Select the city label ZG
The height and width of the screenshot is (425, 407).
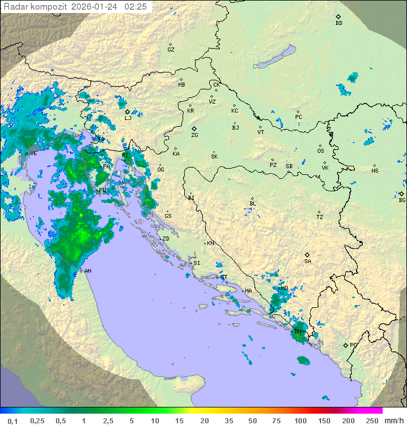[194, 136]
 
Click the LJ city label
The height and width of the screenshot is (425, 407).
[128, 118]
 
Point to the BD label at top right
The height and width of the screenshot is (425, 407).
[339, 23]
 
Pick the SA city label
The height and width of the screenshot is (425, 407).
[308, 261]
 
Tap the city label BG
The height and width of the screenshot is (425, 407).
[402, 200]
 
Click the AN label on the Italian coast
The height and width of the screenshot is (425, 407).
[88, 271]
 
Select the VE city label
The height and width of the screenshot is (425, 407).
[33, 153]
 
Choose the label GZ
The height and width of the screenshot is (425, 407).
[171, 50]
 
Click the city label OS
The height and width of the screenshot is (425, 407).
[321, 151]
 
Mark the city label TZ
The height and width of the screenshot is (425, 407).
[320, 217]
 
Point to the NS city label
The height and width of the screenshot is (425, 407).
[375, 171]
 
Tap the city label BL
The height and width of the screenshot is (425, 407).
[253, 204]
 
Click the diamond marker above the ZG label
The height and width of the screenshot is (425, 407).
[194, 129]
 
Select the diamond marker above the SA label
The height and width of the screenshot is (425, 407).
[308, 255]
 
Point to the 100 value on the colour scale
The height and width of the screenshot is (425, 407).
[300, 420]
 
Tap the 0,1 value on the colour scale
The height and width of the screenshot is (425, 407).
[12, 420]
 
